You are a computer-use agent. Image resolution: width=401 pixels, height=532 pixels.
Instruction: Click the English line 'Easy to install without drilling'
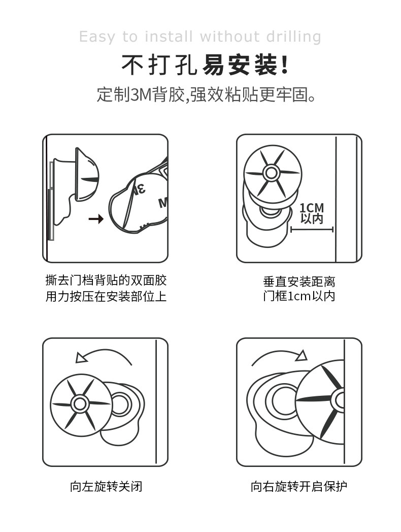coord(200,37)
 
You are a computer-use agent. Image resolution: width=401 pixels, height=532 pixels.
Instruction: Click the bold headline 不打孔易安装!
coord(205,65)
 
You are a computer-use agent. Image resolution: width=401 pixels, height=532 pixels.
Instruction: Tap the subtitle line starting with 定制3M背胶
coord(206,95)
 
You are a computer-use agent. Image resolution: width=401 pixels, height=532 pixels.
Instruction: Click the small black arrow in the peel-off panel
coord(96,219)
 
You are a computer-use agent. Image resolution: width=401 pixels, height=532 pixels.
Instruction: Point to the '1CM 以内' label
coord(312,213)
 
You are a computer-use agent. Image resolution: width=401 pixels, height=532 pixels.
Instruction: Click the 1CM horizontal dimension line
coord(312,230)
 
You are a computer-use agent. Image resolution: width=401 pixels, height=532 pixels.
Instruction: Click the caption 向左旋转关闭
coord(106,487)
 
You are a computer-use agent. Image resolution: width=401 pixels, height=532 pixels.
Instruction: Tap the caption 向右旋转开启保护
coord(299,487)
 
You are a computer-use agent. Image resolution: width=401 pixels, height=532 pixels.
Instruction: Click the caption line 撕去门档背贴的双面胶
coord(106,280)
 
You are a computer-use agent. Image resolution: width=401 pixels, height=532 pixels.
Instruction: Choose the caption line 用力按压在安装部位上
coord(106,297)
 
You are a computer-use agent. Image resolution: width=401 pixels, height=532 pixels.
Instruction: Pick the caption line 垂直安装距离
coord(299,281)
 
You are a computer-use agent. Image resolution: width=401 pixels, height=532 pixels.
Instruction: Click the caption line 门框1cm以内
coord(299,296)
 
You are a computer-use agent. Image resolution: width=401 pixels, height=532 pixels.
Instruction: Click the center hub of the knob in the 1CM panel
coord(271,173)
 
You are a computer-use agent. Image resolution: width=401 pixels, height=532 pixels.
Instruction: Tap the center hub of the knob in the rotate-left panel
coord(80,404)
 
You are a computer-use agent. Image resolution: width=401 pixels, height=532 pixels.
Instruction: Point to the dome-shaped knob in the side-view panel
coord(87,174)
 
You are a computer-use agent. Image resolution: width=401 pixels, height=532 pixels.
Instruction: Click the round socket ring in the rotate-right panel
coord(281,400)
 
